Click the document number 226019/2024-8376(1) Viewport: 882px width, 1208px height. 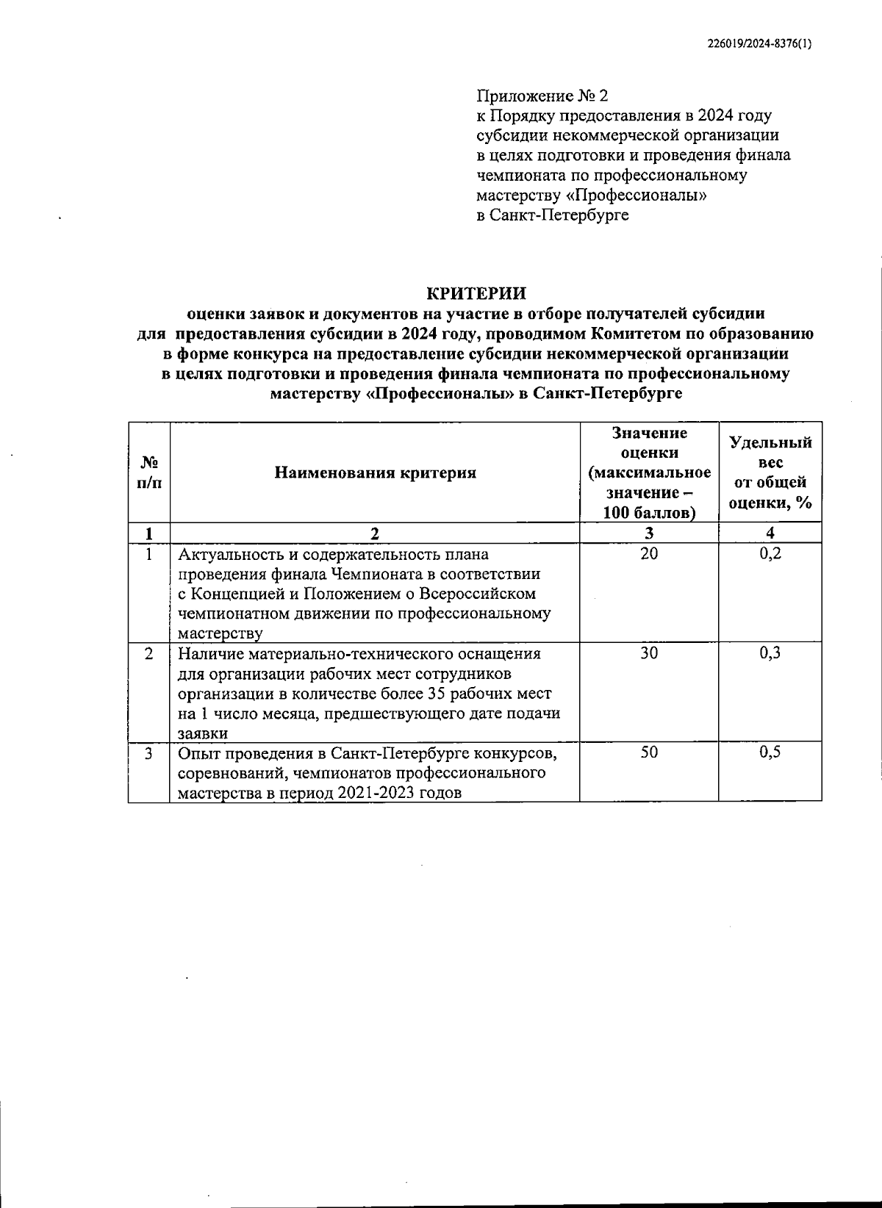click(x=759, y=43)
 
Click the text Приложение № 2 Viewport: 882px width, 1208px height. click(x=542, y=96)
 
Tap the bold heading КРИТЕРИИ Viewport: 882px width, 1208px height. click(x=476, y=293)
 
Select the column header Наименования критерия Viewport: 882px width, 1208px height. click(x=375, y=472)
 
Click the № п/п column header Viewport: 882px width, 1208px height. click(x=149, y=472)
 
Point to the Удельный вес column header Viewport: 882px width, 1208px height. click(x=770, y=472)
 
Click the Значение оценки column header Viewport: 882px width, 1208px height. click(x=649, y=472)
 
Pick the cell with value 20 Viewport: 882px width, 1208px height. click(x=649, y=554)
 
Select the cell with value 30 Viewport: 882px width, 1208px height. click(x=649, y=653)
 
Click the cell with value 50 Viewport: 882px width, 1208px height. click(x=649, y=752)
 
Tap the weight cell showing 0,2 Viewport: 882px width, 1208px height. click(x=770, y=554)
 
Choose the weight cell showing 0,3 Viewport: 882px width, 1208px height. click(x=770, y=653)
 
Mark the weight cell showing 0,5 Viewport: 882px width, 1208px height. click(x=770, y=752)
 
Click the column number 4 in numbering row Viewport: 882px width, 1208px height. click(x=770, y=533)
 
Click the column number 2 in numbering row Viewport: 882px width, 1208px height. click(x=375, y=533)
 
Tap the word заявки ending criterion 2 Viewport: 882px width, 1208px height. click(x=202, y=733)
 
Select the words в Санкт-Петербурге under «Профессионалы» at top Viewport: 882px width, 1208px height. click(x=552, y=215)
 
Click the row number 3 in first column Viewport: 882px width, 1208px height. click(x=149, y=752)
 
